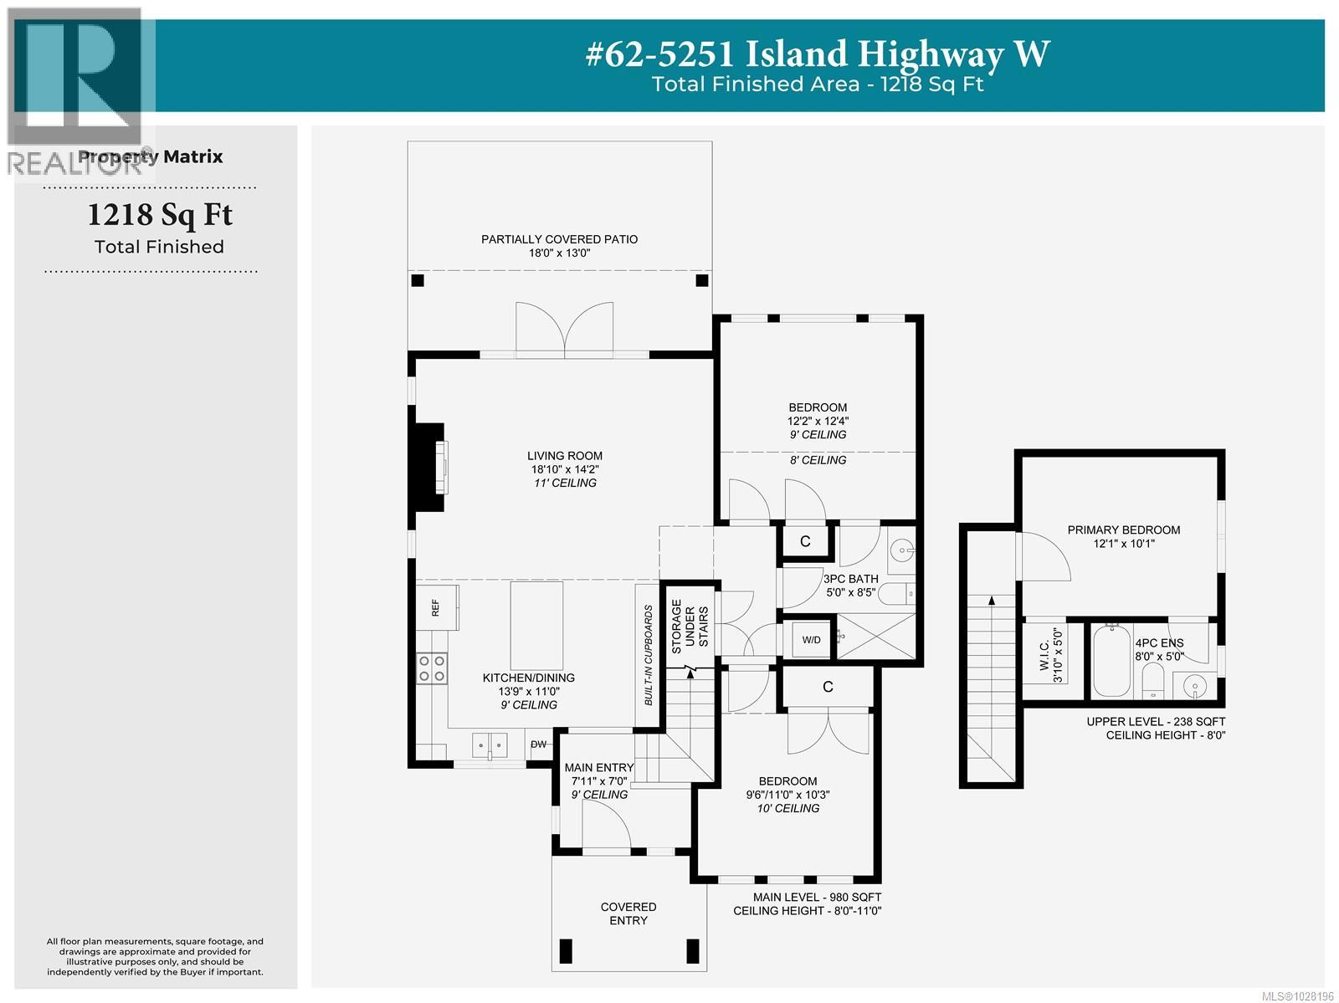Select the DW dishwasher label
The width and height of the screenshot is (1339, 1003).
[x=538, y=745]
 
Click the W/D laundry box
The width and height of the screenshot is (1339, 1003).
[x=811, y=640]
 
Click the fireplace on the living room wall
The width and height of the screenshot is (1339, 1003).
[x=428, y=467]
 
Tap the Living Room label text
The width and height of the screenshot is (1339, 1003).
[x=565, y=456]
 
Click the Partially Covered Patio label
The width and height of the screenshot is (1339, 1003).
[x=559, y=239]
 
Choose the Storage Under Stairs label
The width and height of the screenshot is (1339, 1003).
[x=689, y=623]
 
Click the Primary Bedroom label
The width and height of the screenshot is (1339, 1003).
[x=1123, y=530]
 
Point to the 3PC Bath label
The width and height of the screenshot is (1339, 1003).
[x=850, y=579]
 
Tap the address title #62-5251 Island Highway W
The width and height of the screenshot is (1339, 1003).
[x=816, y=54]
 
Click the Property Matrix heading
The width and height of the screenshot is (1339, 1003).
[x=151, y=156]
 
